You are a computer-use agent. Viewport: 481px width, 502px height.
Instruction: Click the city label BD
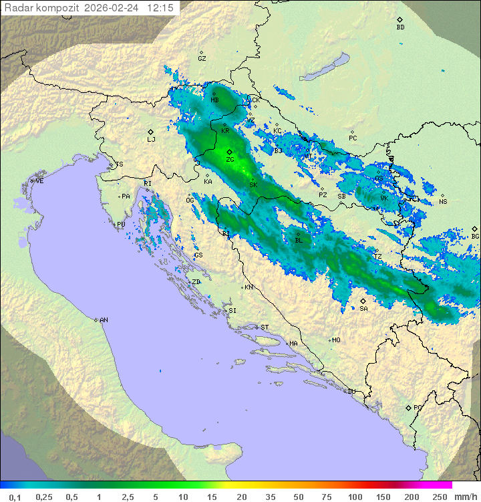pyautogui.click(x=400, y=27)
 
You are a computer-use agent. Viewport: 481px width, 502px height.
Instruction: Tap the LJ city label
pyautogui.click(x=151, y=140)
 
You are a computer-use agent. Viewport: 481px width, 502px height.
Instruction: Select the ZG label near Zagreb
pyautogui.click(x=230, y=160)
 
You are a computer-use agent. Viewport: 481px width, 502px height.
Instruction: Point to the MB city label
pyautogui.click(x=214, y=100)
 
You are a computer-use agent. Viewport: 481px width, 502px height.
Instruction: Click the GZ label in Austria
pyautogui.click(x=202, y=59)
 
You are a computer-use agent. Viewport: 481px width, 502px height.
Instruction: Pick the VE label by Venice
pyautogui.click(x=39, y=181)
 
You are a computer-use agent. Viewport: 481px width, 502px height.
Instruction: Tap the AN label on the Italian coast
pyautogui.click(x=104, y=320)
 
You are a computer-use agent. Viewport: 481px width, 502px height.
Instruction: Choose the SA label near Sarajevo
pyautogui.click(x=363, y=309)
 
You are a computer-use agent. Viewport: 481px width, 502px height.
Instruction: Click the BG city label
pyautogui.click(x=475, y=236)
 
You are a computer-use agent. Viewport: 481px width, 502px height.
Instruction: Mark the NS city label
pyautogui.click(x=442, y=202)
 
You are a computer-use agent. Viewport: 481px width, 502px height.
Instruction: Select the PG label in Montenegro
pyautogui.click(x=418, y=407)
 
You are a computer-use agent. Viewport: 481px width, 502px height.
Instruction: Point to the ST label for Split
pyautogui.click(x=265, y=327)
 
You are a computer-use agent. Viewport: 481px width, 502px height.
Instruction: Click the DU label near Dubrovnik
pyautogui.click(x=351, y=392)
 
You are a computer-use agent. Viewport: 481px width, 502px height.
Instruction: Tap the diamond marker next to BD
pyautogui.click(x=399, y=20)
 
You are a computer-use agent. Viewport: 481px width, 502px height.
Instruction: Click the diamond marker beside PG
pyautogui.click(x=408, y=407)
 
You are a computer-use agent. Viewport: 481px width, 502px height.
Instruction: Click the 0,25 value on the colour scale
pyautogui.click(x=44, y=497)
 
